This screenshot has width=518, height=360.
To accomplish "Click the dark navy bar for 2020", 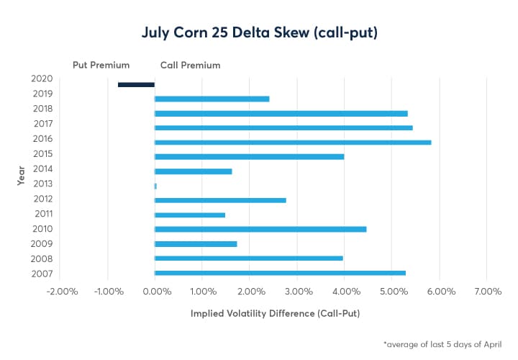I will coord(136,85).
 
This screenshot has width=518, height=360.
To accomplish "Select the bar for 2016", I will coord(293,142).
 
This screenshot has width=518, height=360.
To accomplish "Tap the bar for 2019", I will coord(212,99).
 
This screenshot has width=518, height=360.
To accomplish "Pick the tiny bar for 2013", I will coord(155,186).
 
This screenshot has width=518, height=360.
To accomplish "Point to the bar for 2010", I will coord(260,229).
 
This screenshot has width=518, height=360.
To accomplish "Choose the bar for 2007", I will coord(280,273).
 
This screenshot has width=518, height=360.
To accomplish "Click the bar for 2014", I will coord(194,171).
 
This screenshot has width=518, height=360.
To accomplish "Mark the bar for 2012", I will coord(220,199).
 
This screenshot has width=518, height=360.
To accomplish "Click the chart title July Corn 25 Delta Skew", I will coord(258,33).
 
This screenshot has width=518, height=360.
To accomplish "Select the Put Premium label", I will coord(101,65).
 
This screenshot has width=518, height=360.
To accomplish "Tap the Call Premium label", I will coord(190,65).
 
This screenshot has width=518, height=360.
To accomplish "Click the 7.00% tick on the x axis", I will coord(487,292).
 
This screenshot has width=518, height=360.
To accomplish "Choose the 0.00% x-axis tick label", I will coord(156,292).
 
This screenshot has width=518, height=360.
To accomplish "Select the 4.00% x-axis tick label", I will coord(345,292).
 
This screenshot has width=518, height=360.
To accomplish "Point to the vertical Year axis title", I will coord(22,175).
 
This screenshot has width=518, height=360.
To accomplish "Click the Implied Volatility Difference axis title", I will coord(275,314).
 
